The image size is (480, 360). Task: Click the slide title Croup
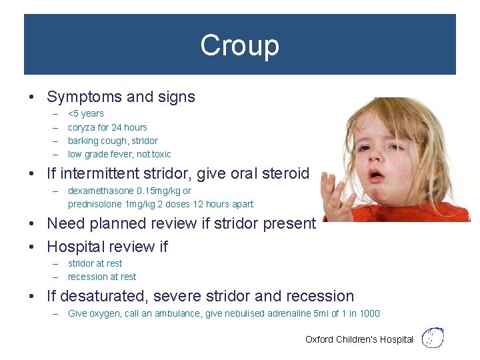click(x=239, y=45)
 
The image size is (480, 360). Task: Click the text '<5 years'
click(x=86, y=113)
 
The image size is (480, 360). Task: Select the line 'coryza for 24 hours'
click(x=107, y=127)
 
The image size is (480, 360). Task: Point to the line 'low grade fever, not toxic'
click(x=119, y=154)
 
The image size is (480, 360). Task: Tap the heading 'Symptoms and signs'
click(x=121, y=97)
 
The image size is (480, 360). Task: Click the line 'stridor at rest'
click(x=95, y=263)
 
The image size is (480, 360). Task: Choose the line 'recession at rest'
click(x=101, y=277)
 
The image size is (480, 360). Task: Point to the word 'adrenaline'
click(x=293, y=313)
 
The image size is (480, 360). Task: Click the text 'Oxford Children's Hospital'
click(x=359, y=339)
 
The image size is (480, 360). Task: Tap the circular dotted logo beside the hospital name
click(x=433, y=337)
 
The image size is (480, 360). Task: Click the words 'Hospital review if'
click(x=107, y=247)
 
